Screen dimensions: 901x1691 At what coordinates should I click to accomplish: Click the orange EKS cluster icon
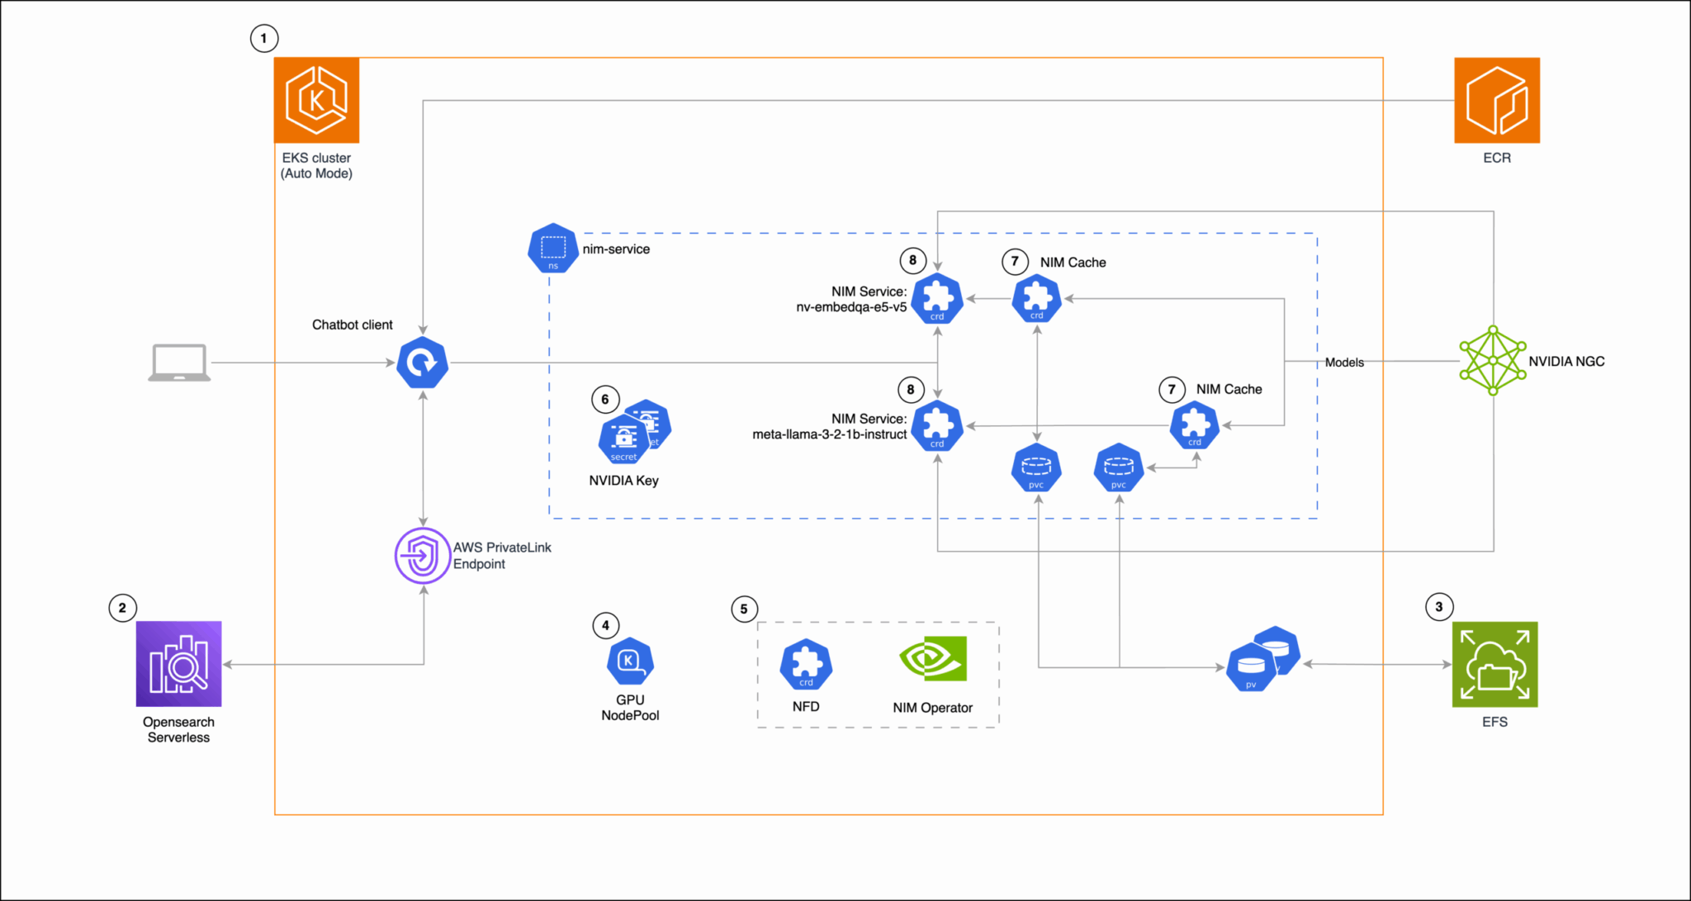(316, 100)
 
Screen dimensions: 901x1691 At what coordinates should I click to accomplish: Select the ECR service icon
(1496, 100)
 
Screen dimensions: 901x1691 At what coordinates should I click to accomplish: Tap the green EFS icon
(1494, 664)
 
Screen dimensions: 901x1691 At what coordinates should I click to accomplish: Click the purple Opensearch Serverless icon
(178, 663)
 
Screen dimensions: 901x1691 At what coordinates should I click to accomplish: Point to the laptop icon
(179, 363)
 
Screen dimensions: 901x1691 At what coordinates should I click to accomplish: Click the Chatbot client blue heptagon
(423, 363)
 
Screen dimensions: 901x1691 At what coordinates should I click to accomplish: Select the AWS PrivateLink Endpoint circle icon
(422, 556)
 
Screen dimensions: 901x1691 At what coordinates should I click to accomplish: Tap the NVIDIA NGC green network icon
(1492, 360)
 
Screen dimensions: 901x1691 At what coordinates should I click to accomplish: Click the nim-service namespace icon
(552, 248)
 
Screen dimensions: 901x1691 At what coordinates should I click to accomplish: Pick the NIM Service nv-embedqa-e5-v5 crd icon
(937, 298)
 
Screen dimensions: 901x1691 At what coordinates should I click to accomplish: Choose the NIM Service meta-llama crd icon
(937, 426)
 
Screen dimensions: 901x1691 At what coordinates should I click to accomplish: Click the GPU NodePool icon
(630, 662)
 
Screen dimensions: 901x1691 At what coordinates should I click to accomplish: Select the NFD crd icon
(806, 664)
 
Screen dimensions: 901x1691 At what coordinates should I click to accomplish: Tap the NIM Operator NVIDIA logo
(933, 658)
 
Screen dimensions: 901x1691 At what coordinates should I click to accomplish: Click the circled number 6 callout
(605, 400)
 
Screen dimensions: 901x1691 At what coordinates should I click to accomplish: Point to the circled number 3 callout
(1439, 607)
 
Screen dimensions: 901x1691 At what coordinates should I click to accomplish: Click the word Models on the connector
(1344, 362)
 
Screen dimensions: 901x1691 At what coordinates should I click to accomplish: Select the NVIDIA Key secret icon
(625, 438)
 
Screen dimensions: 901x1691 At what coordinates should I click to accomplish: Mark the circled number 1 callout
(264, 38)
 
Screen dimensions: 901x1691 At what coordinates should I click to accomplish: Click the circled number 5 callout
(744, 609)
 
